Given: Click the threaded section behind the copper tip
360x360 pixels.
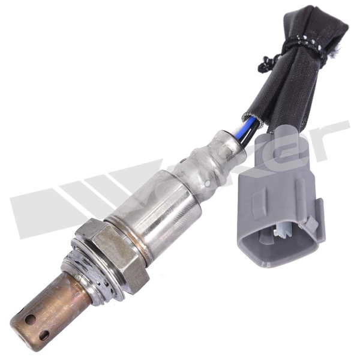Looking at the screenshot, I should pos(87,273).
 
